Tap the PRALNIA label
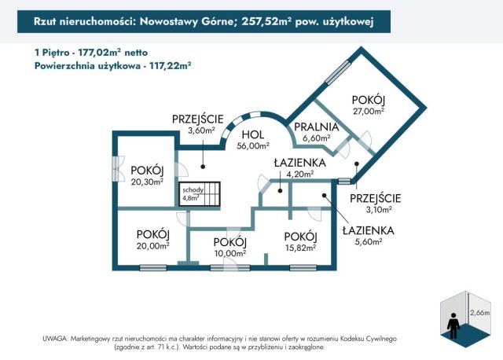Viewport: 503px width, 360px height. (x=316, y=126)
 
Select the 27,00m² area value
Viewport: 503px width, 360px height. (x=368, y=112)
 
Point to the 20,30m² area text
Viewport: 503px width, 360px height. (x=147, y=181)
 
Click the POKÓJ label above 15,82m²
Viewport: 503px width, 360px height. (x=300, y=237)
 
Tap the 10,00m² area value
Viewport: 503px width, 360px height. (x=230, y=253)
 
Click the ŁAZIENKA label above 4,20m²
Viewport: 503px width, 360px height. (x=294, y=163)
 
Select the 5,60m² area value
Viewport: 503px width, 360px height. (x=367, y=241)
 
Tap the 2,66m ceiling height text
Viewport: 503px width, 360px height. (x=479, y=313)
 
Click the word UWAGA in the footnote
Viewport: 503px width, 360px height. (x=56, y=337)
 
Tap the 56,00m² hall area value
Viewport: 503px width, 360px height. (x=254, y=145)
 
